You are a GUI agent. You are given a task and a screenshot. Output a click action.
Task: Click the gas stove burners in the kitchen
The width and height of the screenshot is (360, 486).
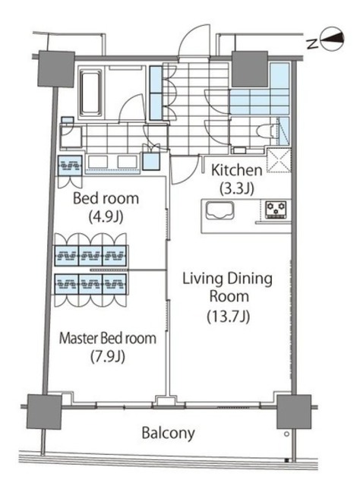pos(272,209)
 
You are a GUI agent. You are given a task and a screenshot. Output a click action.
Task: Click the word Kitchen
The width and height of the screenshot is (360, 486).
pos(236,170)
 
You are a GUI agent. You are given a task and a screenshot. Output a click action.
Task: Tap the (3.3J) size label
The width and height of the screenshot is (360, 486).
pos(237,186)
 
